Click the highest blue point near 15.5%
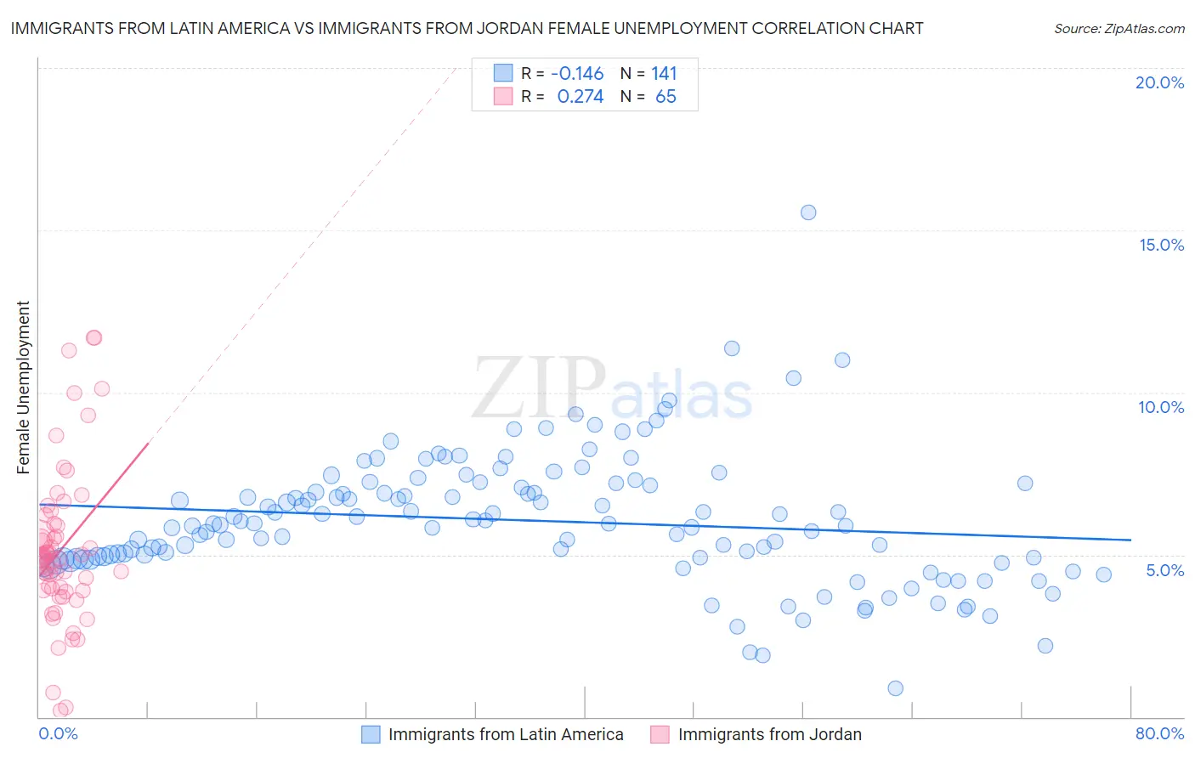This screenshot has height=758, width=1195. point(808,212)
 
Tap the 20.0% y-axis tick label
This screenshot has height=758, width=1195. point(1159,82)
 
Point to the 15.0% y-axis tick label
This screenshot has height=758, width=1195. point(1161,245)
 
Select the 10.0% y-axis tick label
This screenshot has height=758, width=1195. point(1161,407)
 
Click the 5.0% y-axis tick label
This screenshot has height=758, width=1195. point(1164,570)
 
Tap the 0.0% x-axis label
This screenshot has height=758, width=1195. point(58,733)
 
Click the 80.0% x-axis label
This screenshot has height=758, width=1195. point(1159,733)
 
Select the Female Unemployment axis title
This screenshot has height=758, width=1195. point(23,387)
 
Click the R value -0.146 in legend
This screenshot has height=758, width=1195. point(577,73)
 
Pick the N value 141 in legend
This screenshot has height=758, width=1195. point(664,73)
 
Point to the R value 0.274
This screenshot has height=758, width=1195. point(580,97)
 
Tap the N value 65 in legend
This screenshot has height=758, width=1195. point(665,97)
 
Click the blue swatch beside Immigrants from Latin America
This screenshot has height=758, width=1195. point(371,734)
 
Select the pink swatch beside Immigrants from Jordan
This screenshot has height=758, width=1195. point(660,734)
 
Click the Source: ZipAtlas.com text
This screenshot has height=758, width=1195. point(1119,28)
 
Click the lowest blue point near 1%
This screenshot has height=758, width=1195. point(895,688)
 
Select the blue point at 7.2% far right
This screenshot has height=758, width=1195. point(1025,484)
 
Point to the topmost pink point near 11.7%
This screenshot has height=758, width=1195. point(93,337)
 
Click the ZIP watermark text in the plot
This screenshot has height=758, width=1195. point(539,389)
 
